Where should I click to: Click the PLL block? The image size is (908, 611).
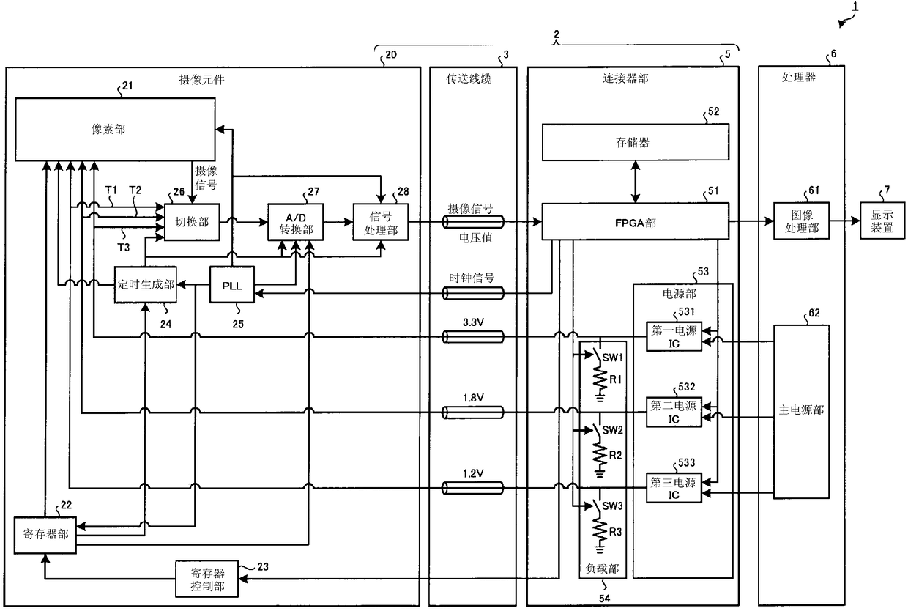coord(232,284)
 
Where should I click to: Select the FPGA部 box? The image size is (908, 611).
coord(635,221)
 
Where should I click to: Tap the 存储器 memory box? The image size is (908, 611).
coord(635,142)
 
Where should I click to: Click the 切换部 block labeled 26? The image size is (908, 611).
coord(192,222)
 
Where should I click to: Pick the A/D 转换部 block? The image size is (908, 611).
coord(296,222)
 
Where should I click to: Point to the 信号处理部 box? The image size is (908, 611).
coord(381,222)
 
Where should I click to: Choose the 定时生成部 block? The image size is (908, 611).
coord(146,284)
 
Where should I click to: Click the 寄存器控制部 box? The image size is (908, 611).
coord(206,579)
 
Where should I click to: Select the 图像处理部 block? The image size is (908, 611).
coord(801,221)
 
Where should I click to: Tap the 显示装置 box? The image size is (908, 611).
coord(882,221)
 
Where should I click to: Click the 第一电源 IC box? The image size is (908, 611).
coord(674,336)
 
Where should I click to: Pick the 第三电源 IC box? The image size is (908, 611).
coord(674,488)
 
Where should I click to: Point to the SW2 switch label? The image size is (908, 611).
coord(612,430)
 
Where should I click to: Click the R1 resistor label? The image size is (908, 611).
coord(615,379)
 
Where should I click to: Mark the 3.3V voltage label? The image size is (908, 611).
coord(473,322)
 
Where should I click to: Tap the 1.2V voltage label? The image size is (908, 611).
coord(473,473)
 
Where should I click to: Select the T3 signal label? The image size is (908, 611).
coord(124,247)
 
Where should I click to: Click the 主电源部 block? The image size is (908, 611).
coord(801,412)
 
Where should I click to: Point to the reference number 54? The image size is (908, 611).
coord(604,598)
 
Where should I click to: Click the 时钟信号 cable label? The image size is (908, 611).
coord(472,278)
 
